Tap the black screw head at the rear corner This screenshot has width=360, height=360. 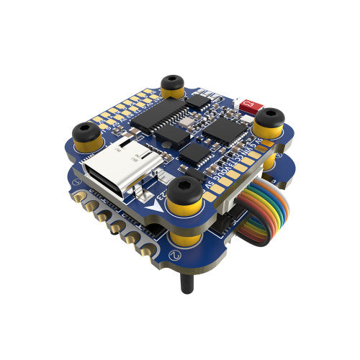coord(171,81)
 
